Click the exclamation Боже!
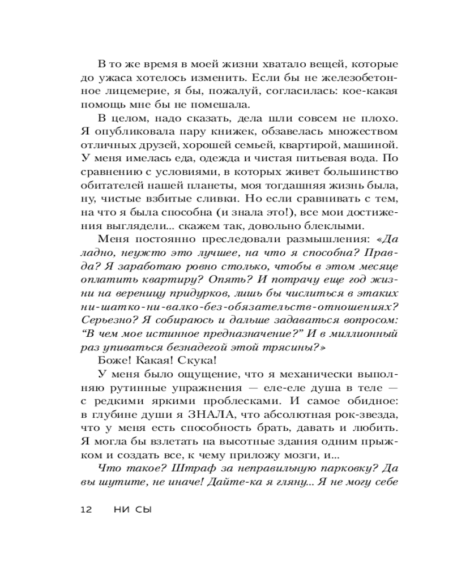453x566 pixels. (114, 361)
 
